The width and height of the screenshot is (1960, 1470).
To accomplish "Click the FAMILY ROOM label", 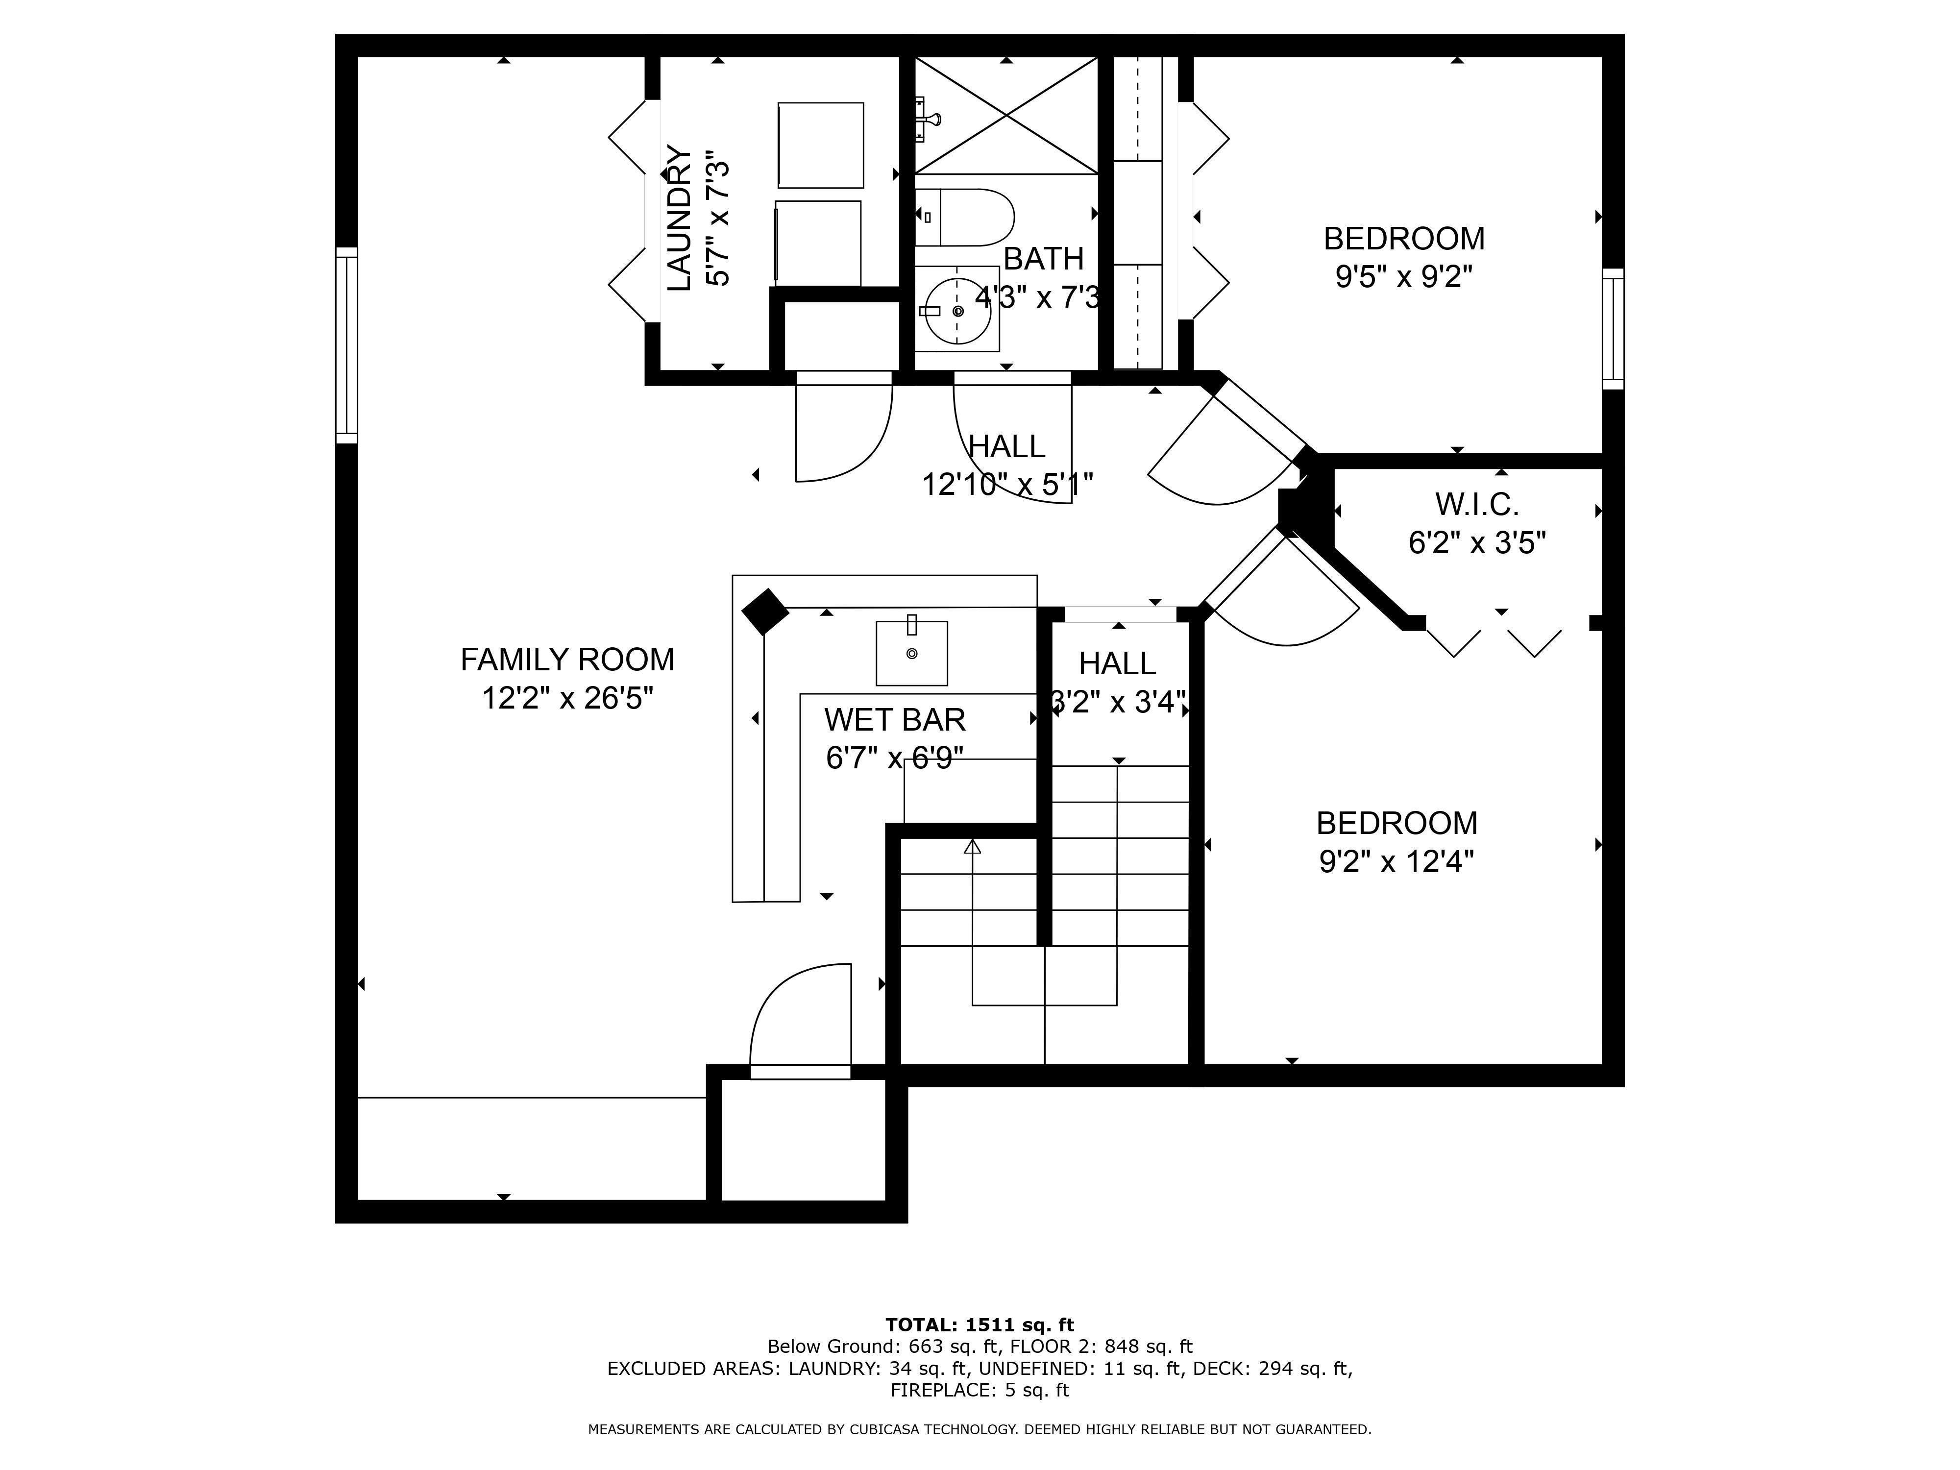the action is (567, 660).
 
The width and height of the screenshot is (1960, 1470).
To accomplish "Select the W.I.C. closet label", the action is (1477, 505).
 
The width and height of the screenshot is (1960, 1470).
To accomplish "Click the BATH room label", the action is (1044, 259).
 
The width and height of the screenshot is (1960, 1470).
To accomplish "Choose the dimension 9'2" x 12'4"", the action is (1396, 861).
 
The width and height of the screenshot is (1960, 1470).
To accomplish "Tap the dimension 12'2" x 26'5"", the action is (567, 698).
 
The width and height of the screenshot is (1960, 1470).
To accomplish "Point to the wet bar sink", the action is (912, 653).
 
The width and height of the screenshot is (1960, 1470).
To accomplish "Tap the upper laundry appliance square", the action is (821, 146).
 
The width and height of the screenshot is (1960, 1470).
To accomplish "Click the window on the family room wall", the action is (346, 345).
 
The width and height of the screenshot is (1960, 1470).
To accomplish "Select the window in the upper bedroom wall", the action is (1614, 329).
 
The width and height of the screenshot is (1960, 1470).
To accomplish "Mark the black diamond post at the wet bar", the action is (765, 612).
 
